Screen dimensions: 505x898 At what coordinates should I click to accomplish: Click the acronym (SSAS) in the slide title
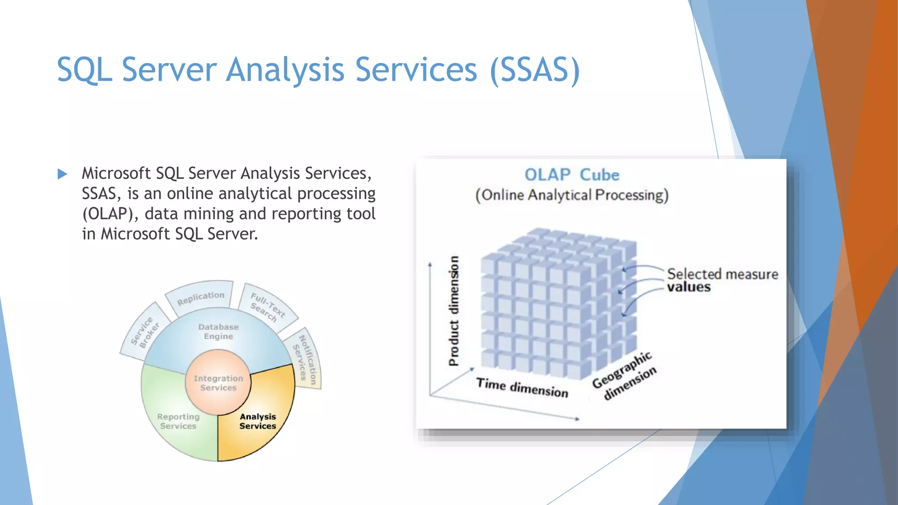[535, 70]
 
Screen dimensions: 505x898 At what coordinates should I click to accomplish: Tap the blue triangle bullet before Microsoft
[62, 174]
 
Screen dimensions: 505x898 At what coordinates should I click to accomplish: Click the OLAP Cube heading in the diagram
[572, 175]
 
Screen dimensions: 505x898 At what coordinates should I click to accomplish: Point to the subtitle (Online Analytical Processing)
[572, 195]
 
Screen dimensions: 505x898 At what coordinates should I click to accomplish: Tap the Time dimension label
[522, 388]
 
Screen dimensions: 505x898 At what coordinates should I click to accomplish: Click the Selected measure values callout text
[722, 280]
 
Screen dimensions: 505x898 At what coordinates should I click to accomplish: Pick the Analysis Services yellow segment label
[257, 421]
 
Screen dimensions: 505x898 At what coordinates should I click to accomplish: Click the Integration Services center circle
[218, 383]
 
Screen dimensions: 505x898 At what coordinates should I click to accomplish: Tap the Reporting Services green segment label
[178, 421]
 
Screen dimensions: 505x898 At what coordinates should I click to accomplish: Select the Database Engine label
[218, 332]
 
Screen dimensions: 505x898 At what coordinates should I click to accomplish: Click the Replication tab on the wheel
[200, 298]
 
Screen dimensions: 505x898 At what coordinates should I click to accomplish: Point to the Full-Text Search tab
[267, 307]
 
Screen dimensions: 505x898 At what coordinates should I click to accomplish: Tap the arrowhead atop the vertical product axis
[430, 264]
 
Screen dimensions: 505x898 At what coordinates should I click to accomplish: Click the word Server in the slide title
[169, 70]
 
